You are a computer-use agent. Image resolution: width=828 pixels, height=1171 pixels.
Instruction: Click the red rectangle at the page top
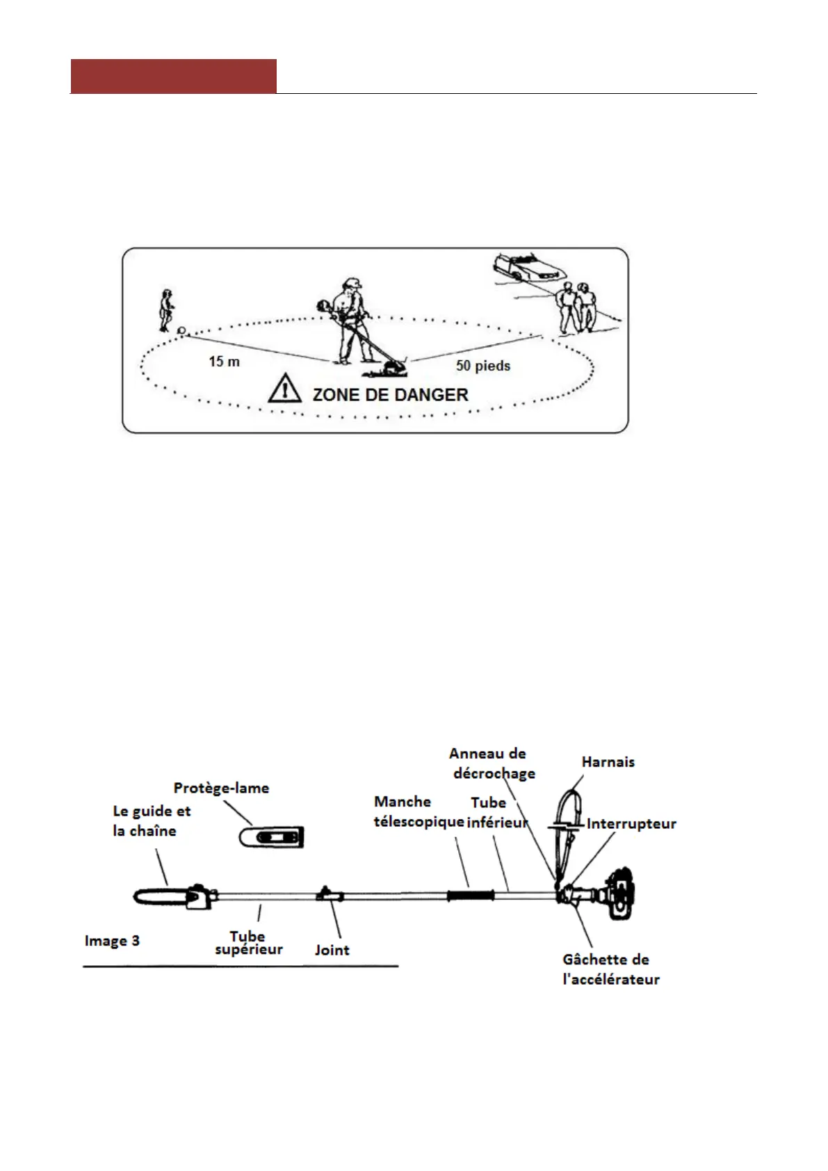(173, 76)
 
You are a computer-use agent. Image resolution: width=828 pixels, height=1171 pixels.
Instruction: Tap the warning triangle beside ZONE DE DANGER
(284, 389)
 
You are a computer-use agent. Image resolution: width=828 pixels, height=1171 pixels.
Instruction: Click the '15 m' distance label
(224, 362)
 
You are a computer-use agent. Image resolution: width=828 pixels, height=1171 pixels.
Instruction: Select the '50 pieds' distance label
(483, 366)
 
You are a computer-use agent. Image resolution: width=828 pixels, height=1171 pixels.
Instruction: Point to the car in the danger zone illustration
(527, 267)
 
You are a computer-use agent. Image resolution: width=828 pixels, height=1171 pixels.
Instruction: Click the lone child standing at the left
(166, 310)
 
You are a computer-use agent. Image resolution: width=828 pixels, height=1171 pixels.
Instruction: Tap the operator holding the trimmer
(350, 320)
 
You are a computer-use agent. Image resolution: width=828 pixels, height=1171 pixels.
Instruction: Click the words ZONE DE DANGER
(390, 395)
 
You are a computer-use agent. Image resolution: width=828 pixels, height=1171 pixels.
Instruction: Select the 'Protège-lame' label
(221, 788)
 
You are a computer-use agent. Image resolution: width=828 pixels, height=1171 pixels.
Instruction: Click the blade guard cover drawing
(271, 837)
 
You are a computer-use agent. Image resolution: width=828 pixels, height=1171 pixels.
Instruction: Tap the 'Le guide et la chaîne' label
(151, 821)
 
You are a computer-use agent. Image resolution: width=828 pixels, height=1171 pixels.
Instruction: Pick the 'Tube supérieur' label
(248, 943)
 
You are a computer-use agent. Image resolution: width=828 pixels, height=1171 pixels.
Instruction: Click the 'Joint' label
(332, 950)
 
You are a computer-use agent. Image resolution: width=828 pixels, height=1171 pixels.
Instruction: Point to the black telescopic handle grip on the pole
(470, 896)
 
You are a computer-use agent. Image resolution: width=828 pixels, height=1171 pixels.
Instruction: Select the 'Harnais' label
(608, 762)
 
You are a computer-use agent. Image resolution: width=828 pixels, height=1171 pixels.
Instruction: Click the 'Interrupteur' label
(631, 824)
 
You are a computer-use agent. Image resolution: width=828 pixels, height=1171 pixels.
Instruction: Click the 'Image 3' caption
(112, 941)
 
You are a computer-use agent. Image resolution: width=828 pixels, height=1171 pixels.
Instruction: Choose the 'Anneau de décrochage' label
(491, 764)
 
